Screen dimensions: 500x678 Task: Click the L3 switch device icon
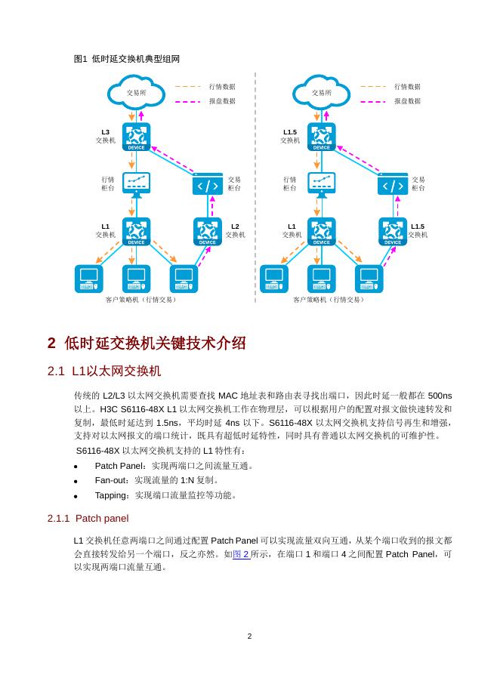point(136,137)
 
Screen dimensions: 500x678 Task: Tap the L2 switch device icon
point(207,231)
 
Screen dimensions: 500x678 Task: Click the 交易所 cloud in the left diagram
point(136,92)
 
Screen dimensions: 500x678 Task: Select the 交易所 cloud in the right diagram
point(322,92)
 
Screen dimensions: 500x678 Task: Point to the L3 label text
point(105,132)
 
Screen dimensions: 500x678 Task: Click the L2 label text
point(235,226)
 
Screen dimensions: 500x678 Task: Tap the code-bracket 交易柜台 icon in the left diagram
point(207,184)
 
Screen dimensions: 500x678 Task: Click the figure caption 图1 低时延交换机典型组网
point(127,58)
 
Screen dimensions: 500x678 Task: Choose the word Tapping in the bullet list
point(113,495)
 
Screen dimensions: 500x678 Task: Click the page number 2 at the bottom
point(249,636)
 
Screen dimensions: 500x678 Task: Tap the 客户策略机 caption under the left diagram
point(140,300)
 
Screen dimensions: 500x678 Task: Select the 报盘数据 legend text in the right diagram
point(407,100)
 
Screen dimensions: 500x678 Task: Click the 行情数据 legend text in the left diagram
point(222,87)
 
